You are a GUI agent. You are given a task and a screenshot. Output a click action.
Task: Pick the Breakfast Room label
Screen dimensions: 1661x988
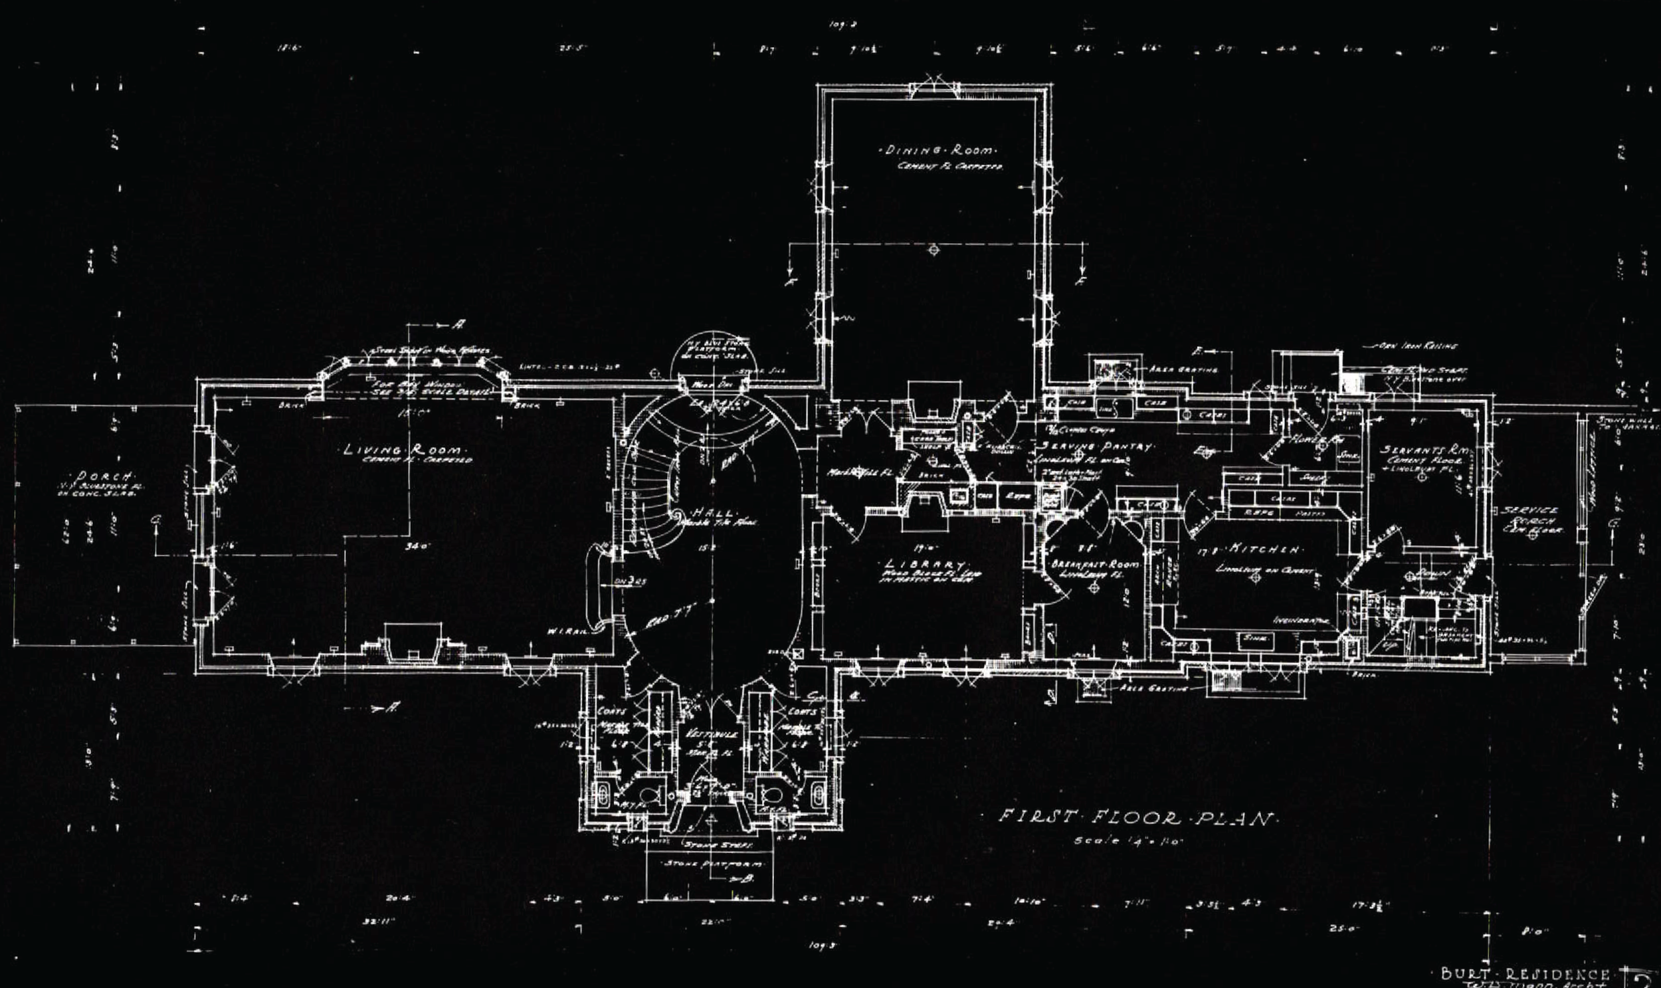point(1094,565)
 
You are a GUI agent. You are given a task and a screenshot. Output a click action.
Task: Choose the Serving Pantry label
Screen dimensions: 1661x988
point(1098,446)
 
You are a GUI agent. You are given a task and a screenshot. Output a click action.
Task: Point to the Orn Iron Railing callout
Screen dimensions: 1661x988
point(1418,346)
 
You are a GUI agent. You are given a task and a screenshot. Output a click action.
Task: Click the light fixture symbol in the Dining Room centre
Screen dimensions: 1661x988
point(933,249)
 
